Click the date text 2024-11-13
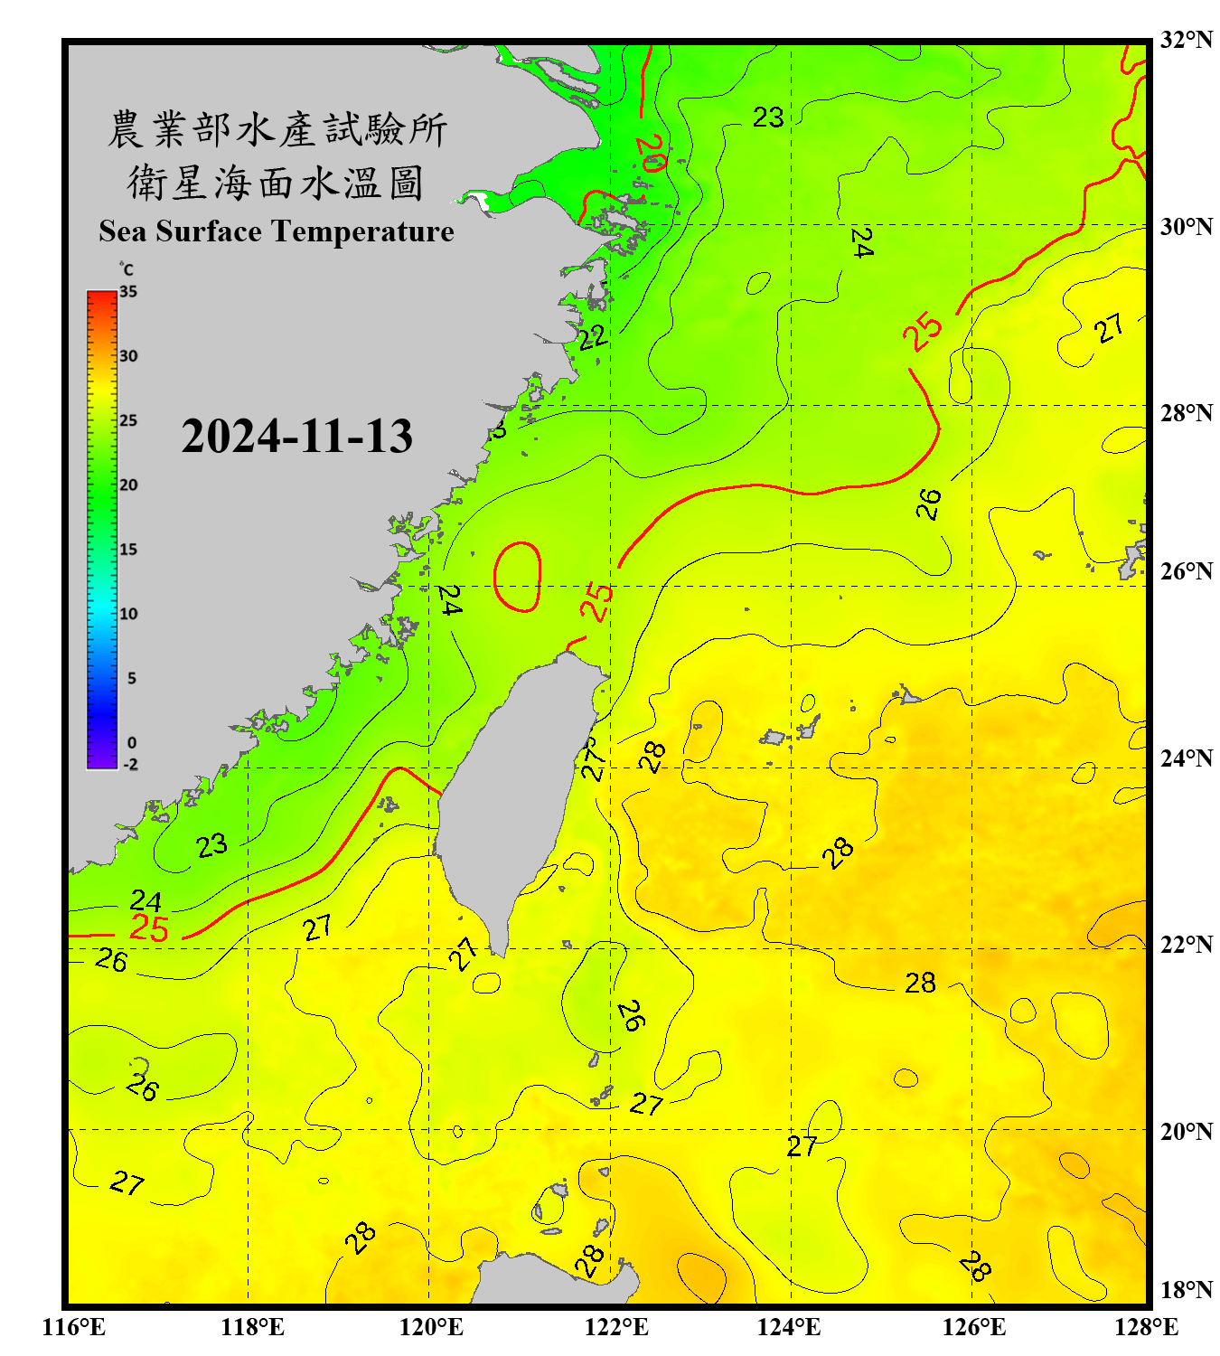pos(296,437)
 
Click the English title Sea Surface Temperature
pos(277,231)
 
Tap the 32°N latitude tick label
pos(1186,40)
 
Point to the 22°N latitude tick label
pos(1186,945)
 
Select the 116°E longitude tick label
pos(74,1327)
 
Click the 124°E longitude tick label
pos(789,1327)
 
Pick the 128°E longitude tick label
pos(1146,1327)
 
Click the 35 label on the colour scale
pos(128,292)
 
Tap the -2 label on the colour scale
pos(130,764)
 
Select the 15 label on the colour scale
pos(128,550)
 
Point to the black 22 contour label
pos(593,339)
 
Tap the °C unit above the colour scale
pos(127,269)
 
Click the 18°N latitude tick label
pos(1186,1290)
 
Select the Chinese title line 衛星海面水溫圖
pos(276,183)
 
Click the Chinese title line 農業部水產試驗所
pos(277,129)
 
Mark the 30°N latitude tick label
pos(1186,227)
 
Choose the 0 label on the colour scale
pos(132,743)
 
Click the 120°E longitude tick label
pos(431,1327)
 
